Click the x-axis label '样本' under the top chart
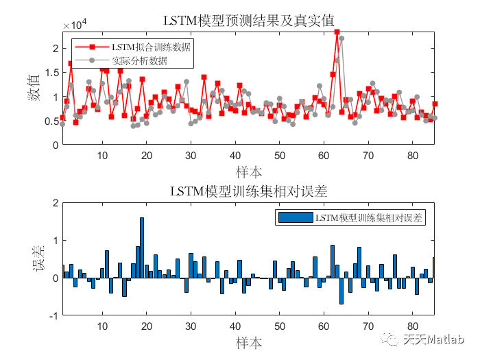point(249,170)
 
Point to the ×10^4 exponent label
point(74,25)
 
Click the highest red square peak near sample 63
point(337,32)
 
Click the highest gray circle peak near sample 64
point(341,38)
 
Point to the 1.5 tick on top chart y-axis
point(50,73)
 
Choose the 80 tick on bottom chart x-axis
point(412,326)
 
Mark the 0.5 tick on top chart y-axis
point(50,121)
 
